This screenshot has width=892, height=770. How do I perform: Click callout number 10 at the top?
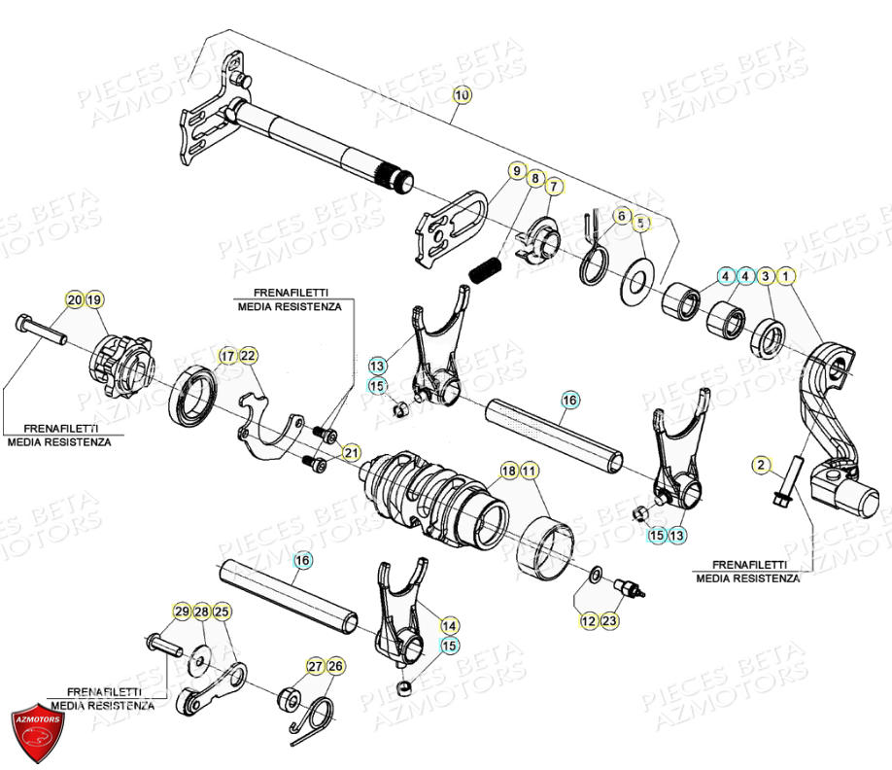pyautogui.click(x=461, y=95)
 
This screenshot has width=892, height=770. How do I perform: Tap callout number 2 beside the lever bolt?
pyautogui.click(x=760, y=466)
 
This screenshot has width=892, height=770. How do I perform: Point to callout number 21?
pyautogui.click(x=351, y=452)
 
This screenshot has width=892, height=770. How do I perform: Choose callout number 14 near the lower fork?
pyautogui.click(x=449, y=625)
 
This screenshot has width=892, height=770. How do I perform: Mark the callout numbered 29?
pyautogui.click(x=182, y=612)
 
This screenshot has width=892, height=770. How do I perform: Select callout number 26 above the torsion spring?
pyautogui.click(x=335, y=666)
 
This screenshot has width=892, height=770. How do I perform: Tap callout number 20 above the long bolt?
pyautogui.click(x=75, y=299)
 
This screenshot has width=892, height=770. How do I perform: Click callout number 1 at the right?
pyautogui.click(x=787, y=277)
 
